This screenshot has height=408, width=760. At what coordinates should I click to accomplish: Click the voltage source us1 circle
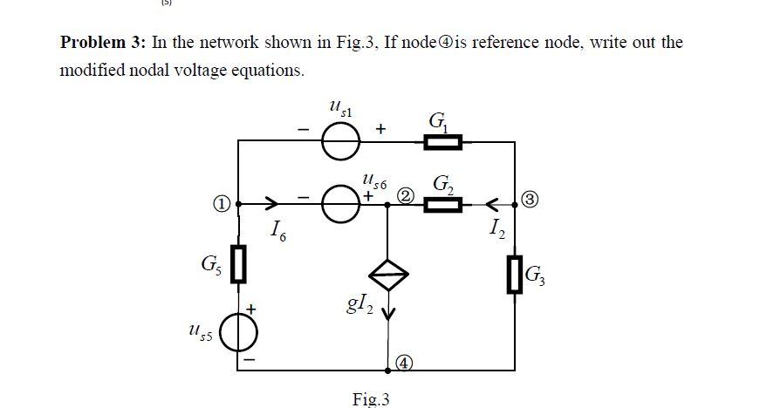(340, 141)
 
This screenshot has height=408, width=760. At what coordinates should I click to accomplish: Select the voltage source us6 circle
(340, 206)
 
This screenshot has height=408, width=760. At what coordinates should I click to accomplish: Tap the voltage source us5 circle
(238, 334)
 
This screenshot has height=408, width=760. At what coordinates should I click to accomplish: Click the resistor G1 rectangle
(442, 141)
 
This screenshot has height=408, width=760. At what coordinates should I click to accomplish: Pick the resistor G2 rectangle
(442, 206)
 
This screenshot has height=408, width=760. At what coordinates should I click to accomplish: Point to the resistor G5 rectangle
(238, 262)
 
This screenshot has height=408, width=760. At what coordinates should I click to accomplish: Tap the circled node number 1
(223, 204)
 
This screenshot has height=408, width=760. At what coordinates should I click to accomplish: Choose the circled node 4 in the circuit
(404, 361)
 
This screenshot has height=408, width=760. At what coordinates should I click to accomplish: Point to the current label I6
(277, 230)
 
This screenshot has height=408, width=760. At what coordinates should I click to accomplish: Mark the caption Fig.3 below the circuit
(370, 399)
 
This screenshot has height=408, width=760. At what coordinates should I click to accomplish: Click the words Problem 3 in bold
(103, 43)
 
